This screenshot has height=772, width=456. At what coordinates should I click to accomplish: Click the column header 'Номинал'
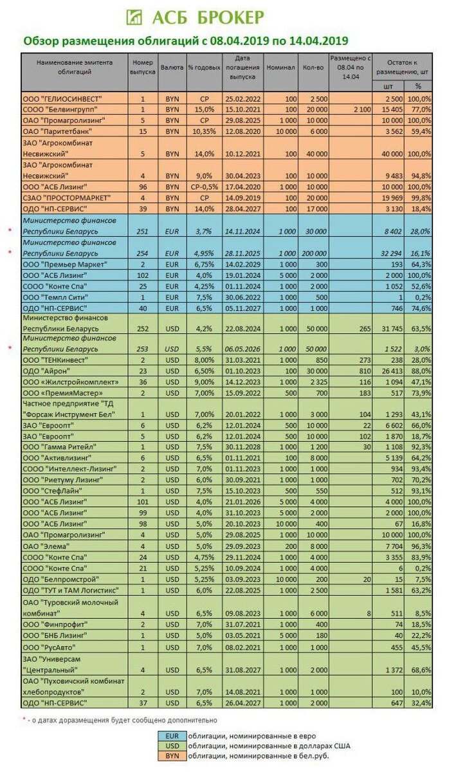click(x=280, y=68)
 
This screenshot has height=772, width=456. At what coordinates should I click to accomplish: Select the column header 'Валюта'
click(x=172, y=68)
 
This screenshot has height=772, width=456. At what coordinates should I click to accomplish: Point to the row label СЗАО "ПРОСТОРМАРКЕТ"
click(x=64, y=197)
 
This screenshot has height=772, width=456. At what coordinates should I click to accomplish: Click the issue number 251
click(x=143, y=230)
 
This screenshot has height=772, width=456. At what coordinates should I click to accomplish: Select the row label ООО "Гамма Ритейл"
click(x=59, y=447)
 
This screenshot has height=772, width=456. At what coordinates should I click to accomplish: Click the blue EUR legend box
click(x=172, y=735)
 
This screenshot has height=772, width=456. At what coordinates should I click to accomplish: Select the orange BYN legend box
click(x=172, y=757)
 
